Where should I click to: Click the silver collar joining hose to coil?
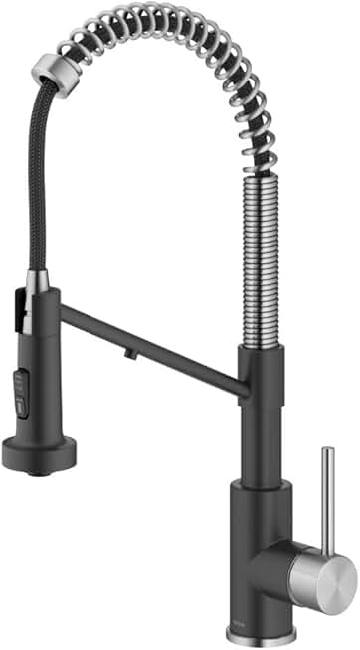point(50,69)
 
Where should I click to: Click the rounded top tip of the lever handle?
point(326,452)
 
